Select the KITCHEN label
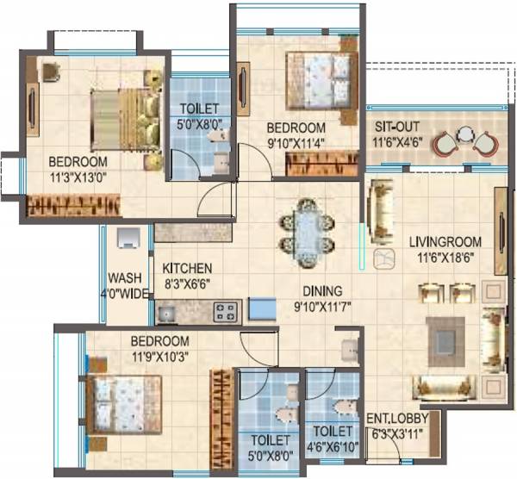tap(187, 268)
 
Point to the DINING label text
tap(321, 290)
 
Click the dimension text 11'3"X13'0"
tap(78, 179)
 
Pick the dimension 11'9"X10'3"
tap(159, 353)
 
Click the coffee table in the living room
tap(445, 334)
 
